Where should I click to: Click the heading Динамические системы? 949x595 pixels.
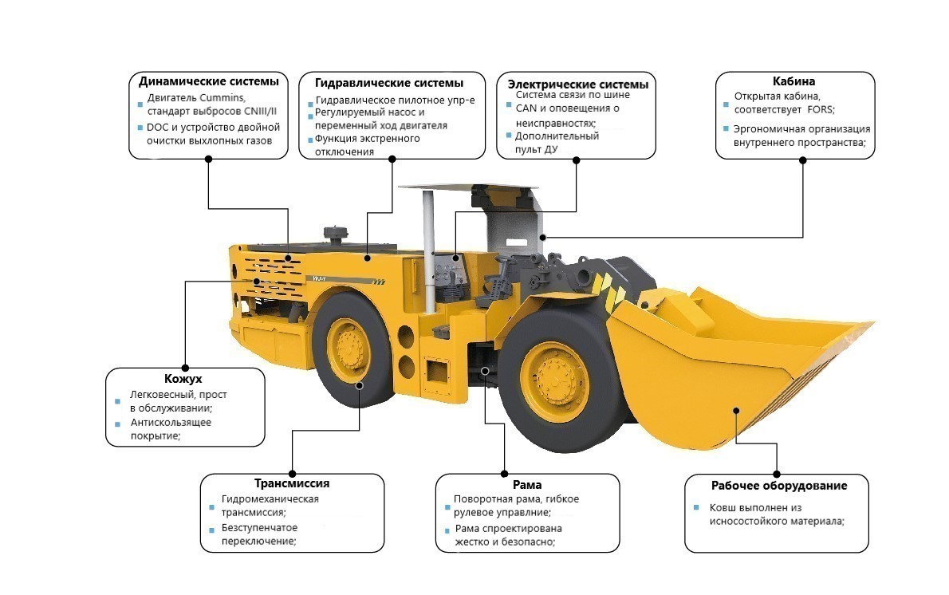point(208,81)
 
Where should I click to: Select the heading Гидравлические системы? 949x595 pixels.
point(389,83)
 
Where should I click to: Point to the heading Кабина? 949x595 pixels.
point(793,81)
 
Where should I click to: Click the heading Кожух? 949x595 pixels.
point(184,379)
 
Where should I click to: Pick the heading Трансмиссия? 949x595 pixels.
point(292,483)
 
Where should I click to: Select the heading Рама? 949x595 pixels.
point(527,485)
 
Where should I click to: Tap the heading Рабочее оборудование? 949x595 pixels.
point(778,486)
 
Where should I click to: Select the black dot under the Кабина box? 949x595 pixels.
point(803,160)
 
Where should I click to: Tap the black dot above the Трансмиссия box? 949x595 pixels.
point(292,473)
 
